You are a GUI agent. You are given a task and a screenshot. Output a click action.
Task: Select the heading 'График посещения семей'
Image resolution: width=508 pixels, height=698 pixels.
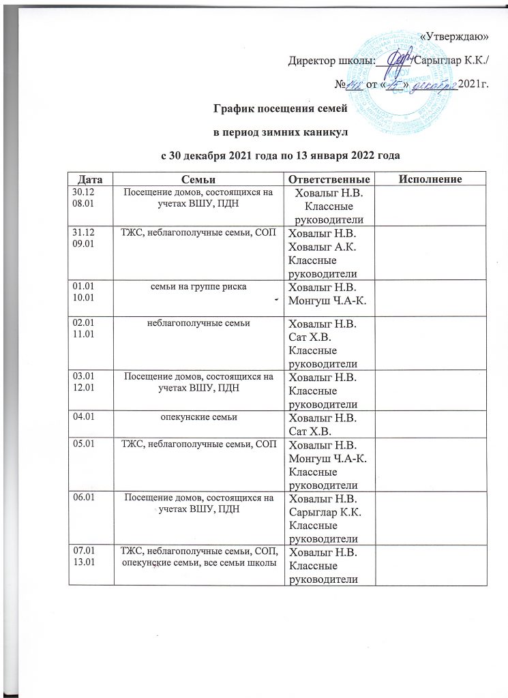[x=281, y=108]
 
